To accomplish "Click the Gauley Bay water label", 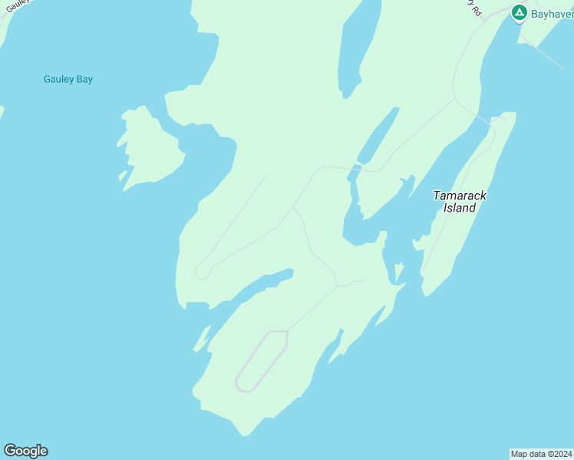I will [68, 79].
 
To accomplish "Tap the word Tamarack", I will [460, 195].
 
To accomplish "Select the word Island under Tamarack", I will [460, 208].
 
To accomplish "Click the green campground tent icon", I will [519, 12].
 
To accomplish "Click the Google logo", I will [25, 451].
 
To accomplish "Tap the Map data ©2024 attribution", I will [542, 454].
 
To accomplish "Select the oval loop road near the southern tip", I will [261, 361].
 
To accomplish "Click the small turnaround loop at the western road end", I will [202, 272].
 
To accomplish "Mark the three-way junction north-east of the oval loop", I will [338, 287].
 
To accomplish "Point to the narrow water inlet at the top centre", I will [358, 46].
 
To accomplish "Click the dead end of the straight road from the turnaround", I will [266, 176].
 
